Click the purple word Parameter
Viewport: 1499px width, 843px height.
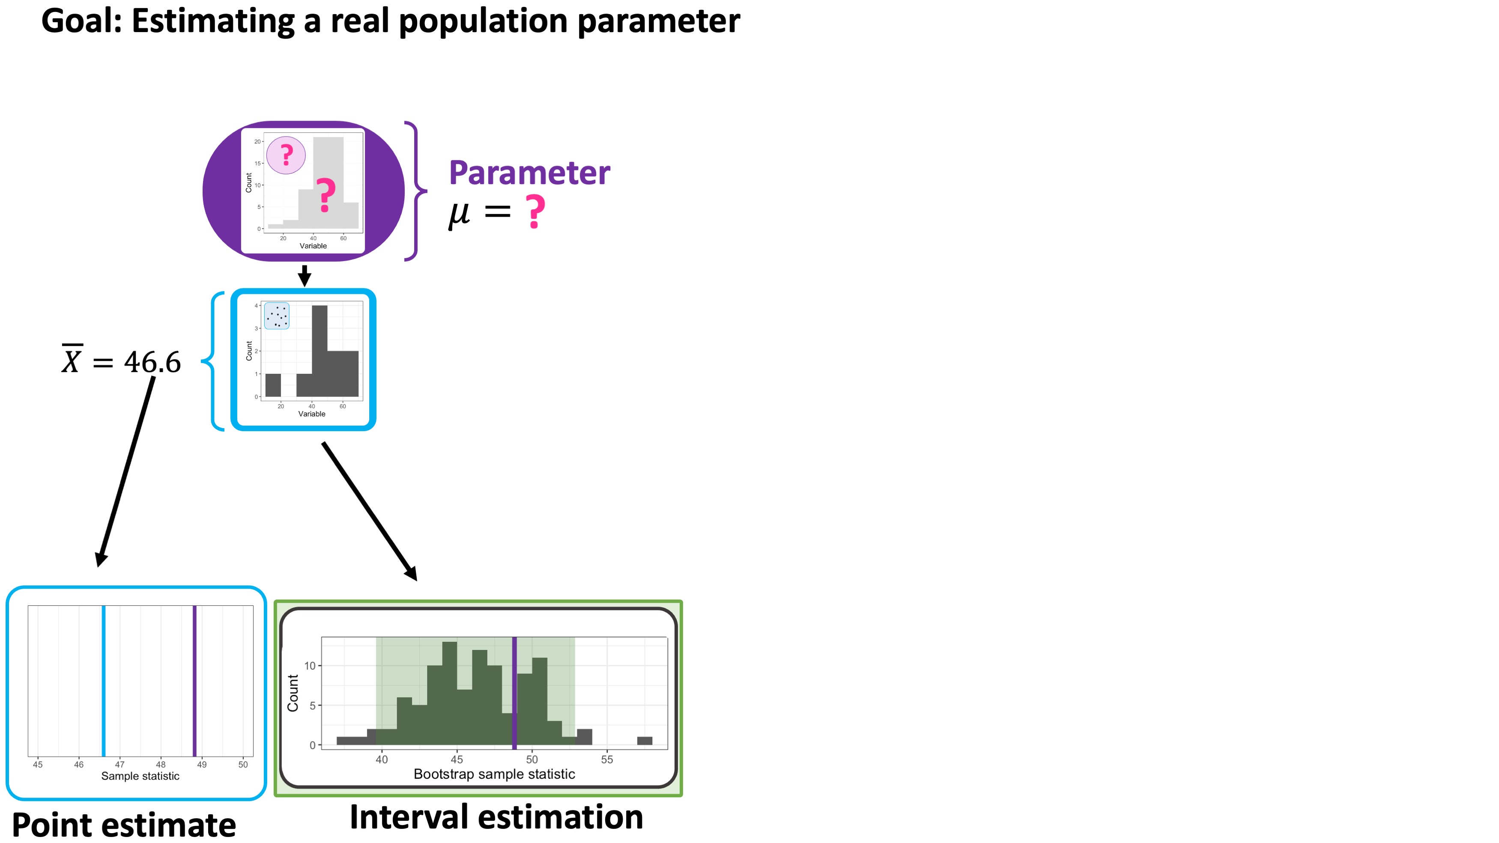point(529,173)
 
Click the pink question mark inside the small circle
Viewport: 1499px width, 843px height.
point(286,155)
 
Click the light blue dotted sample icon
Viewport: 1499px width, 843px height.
point(276,316)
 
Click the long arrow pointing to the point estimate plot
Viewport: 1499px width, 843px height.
point(125,471)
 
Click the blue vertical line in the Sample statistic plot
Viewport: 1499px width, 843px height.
point(104,681)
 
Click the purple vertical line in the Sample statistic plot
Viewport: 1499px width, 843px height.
point(194,681)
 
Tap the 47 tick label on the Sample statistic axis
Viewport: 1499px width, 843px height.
point(120,765)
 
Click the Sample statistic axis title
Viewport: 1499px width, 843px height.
point(140,776)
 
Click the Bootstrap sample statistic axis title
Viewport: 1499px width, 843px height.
point(494,774)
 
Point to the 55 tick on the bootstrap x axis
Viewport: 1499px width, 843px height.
point(606,759)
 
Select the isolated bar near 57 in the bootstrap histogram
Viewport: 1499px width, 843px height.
point(644,741)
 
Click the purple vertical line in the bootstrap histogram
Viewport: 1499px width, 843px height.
point(514,692)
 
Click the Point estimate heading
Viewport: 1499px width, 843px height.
point(124,825)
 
